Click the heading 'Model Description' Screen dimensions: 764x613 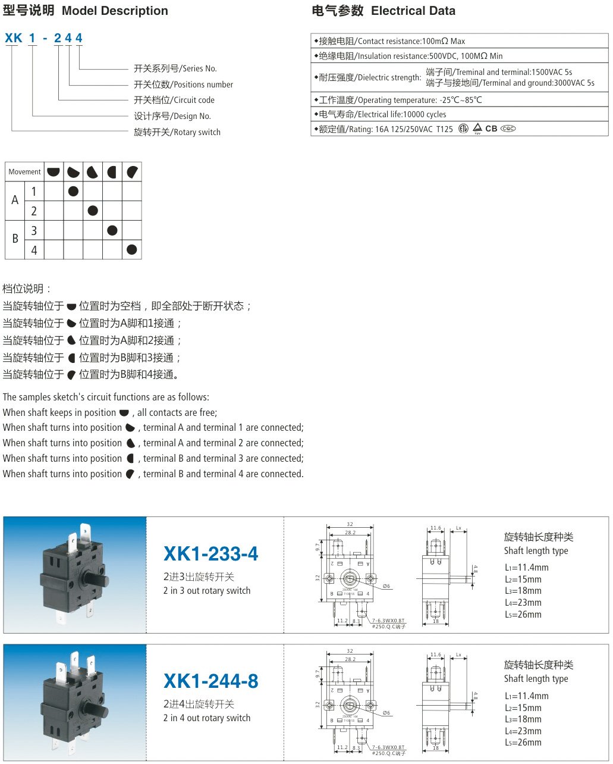coord(115,11)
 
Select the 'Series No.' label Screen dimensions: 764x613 coord(175,68)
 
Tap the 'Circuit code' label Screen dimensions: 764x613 coord(174,100)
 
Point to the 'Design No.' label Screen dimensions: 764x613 coord(172,116)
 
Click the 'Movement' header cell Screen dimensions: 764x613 coord(24,172)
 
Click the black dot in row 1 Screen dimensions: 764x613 coord(73,191)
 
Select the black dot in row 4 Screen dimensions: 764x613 coord(132,249)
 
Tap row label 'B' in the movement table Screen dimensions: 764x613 coord(15,239)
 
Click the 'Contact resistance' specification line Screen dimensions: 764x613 coord(392,41)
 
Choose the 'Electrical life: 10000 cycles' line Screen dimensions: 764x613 coord(382,114)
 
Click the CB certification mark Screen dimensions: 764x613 coord(491,129)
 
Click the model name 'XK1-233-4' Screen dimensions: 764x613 coord(211,554)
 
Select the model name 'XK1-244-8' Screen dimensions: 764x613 coord(211,681)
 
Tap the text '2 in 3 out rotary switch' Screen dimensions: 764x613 coord(207,591)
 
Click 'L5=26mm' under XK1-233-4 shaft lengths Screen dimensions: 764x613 coord(523,615)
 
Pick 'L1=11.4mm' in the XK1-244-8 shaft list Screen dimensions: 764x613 coord(527,696)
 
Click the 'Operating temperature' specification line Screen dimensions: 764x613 coord(400,100)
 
